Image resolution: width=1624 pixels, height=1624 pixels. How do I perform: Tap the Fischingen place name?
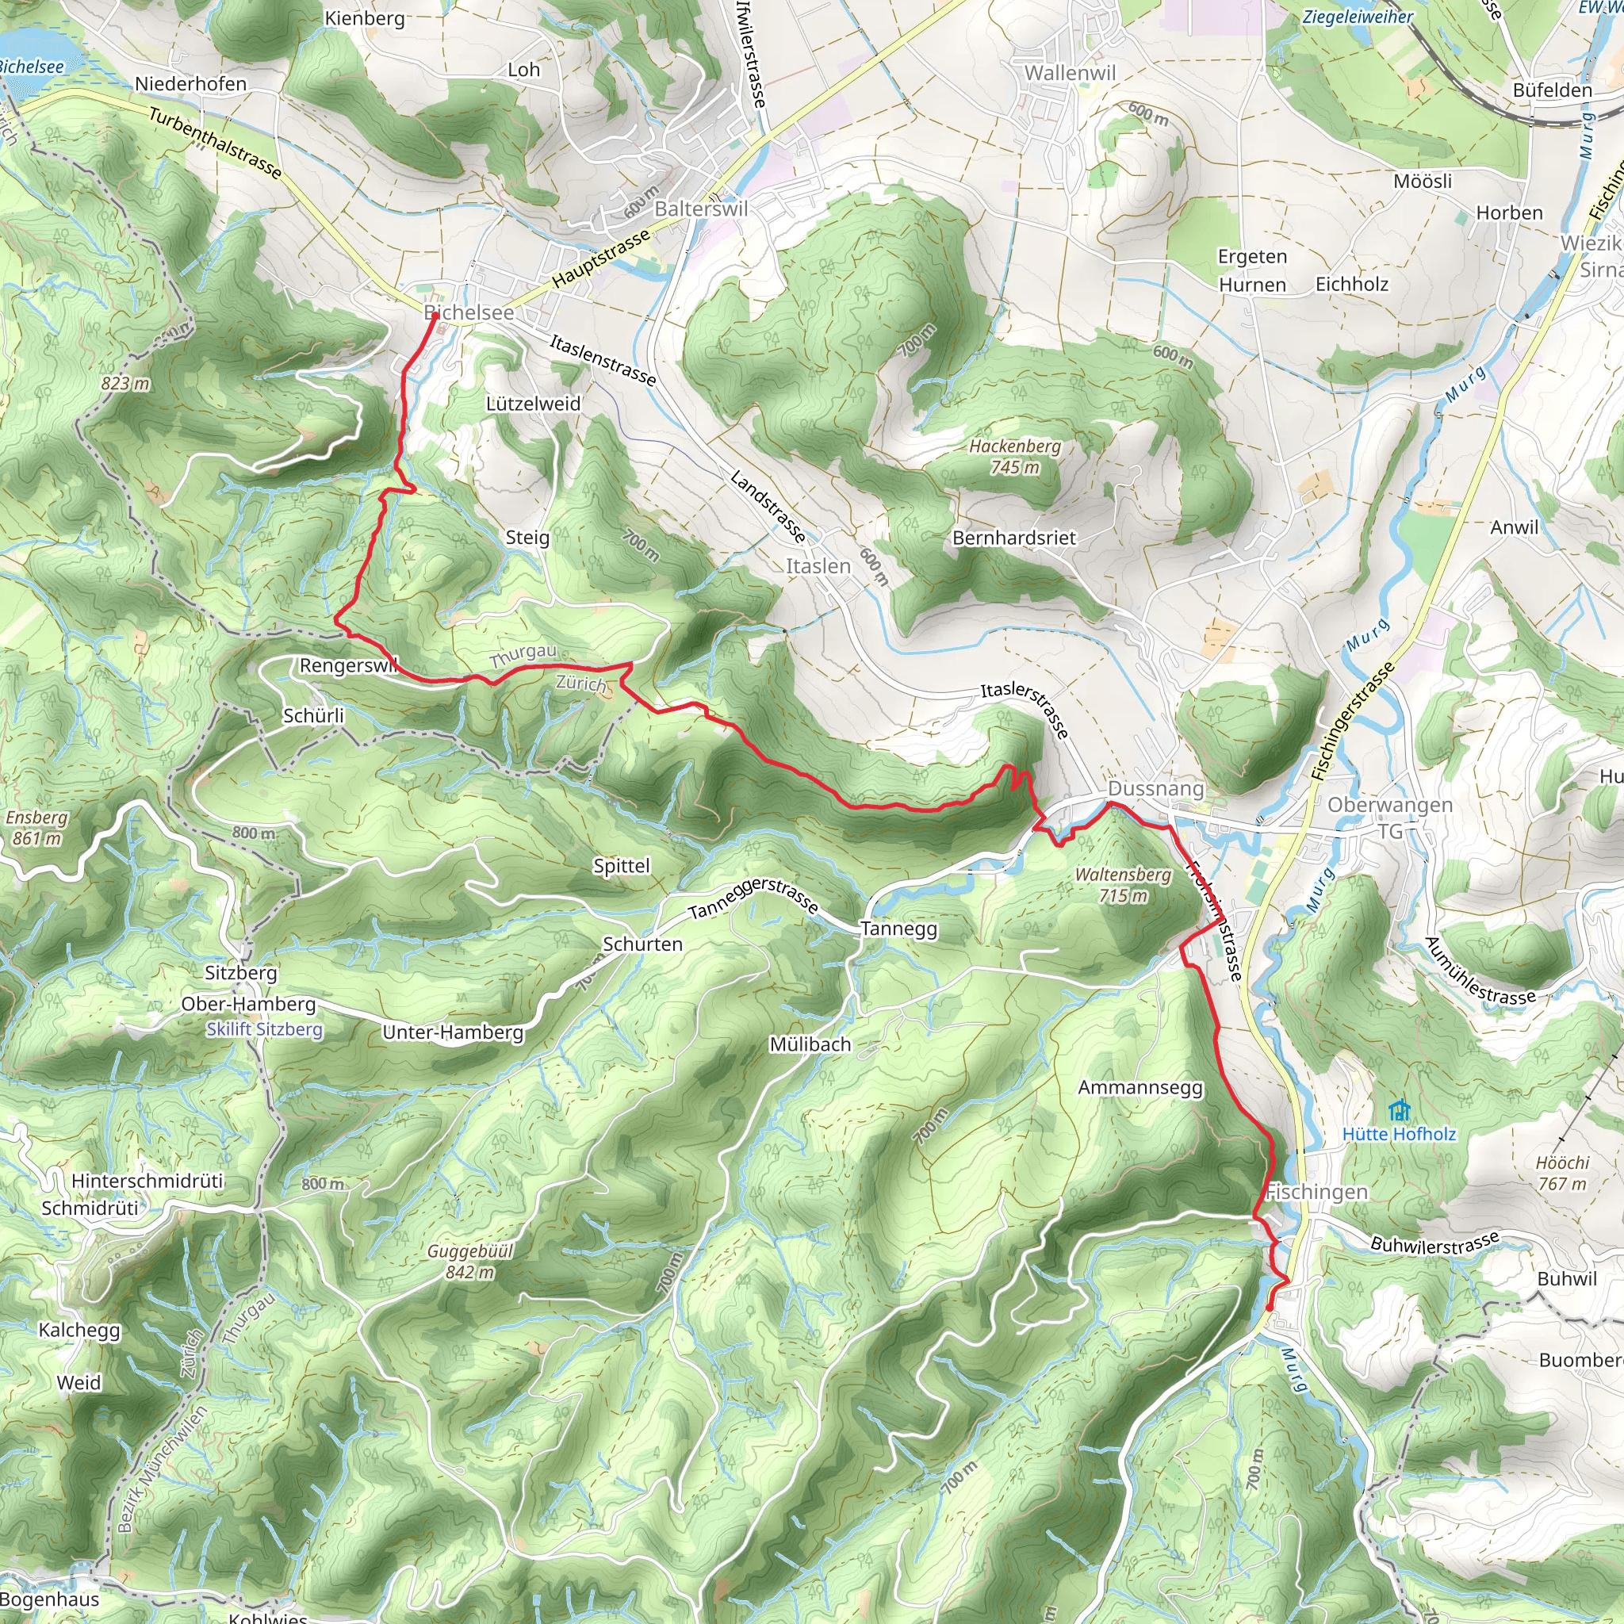(x=1316, y=1192)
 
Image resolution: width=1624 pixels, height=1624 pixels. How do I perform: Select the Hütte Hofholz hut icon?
(x=1399, y=1111)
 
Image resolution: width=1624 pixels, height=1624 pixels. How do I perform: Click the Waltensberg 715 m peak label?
(x=1123, y=885)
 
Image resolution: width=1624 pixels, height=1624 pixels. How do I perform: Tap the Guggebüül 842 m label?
(x=470, y=1262)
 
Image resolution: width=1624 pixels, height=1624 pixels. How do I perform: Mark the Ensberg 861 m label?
(x=36, y=827)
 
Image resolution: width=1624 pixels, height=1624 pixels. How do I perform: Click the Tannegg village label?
(x=898, y=929)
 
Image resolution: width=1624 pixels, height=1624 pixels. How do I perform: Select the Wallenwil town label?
(x=1069, y=73)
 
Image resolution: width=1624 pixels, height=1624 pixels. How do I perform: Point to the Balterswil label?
(x=701, y=209)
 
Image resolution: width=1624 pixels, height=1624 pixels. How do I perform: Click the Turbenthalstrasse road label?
(x=215, y=143)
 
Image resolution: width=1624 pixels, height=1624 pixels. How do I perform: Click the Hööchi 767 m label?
(x=1563, y=1173)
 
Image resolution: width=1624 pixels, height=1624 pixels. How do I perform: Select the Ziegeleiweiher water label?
(x=1358, y=17)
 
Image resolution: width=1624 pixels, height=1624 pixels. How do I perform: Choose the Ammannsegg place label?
(x=1139, y=1088)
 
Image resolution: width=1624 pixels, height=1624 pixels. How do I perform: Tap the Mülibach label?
(x=810, y=1044)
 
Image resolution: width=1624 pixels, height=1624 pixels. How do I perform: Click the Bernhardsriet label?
(x=1013, y=538)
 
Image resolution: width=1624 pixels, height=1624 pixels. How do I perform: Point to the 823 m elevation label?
(x=125, y=383)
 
